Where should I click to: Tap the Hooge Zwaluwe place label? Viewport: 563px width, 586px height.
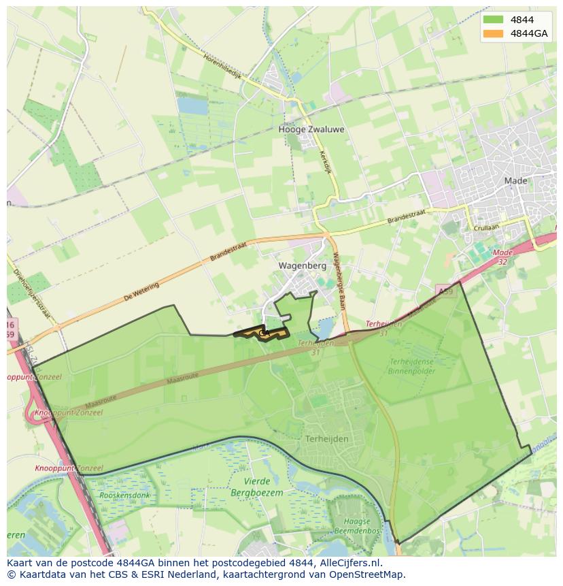coord(311,129)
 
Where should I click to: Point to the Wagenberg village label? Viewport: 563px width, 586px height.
coord(303,265)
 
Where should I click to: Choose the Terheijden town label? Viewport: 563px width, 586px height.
coord(326,439)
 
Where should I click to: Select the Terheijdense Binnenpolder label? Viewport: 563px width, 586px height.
coord(411,367)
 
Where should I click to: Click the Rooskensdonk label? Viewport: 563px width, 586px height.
coord(124,495)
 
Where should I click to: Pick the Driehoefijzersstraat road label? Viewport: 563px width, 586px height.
coord(32,293)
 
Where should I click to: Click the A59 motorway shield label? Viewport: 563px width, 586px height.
coord(445,291)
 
